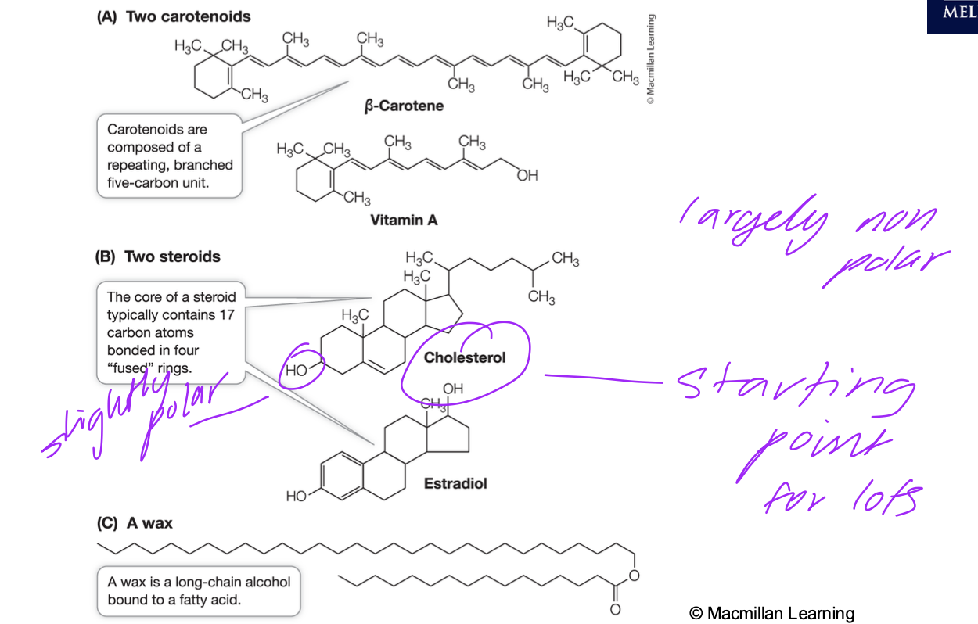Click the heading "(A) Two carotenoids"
click(173, 16)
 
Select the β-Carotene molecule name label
click(404, 106)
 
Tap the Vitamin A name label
click(404, 221)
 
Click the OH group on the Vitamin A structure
click(527, 176)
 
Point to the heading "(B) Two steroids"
click(157, 256)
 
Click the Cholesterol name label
click(465, 357)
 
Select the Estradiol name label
click(455, 483)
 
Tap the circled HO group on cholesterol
click(297, 371)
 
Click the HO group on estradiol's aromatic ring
click(297, 496)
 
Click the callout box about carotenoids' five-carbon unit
click(170, 156)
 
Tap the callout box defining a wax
click(199, 591)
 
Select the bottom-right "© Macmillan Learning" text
click(771, 613)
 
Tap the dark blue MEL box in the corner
click(952, 16)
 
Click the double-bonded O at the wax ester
click(614, 609)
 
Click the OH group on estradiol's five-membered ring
click(452, 389)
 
